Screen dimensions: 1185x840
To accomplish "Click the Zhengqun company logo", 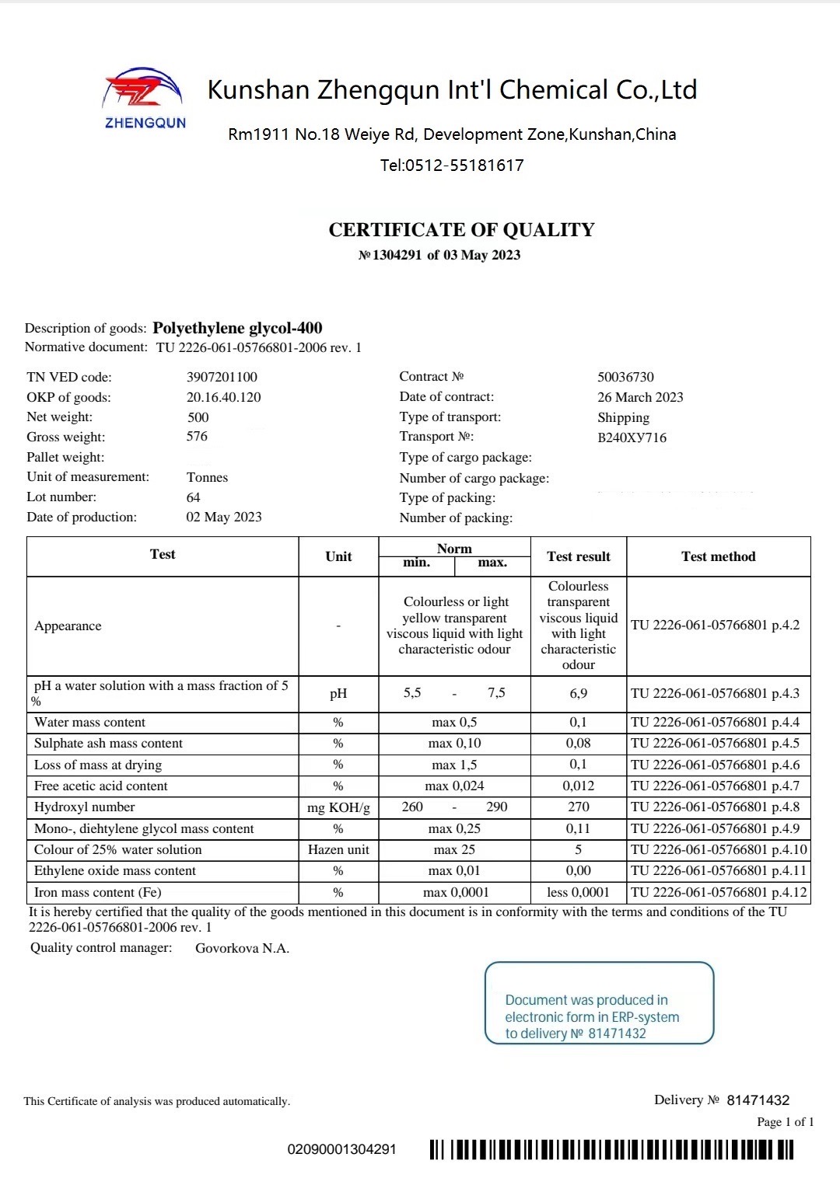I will click(x=145, y=97).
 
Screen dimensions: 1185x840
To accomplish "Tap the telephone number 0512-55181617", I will click(x=452, y=166).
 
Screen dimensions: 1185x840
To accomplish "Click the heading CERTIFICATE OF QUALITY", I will click(x=461, y=230).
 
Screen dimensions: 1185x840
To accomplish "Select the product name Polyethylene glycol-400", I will click(x=237, y=328).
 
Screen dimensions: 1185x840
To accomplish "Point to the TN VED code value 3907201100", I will click(x=222, y=377).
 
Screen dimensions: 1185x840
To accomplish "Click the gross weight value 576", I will click(x=197, y=437).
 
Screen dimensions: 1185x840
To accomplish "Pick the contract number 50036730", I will click(x=625, y=377).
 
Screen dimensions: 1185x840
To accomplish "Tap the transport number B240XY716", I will click(x=632, y=437).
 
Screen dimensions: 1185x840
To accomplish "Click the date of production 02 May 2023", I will click(x=224, y=518).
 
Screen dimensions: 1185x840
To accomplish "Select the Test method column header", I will click(x=718, y=556).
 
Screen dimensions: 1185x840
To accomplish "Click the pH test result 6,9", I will click(x=578, y=693).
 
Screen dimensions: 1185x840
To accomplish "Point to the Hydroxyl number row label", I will click(x=84, y=807).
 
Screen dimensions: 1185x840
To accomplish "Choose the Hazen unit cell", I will click(x=338, y=850).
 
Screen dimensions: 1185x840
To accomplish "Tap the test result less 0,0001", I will click(x=578, y=893).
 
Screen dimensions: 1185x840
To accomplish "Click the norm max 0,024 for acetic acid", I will click(x=454, y=786).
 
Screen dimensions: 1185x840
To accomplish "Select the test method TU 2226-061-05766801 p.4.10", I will click(x=719, y=850).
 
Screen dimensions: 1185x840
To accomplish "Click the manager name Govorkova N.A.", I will click(x=242, y=948).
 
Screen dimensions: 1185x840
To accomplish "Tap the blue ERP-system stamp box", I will click(x=599, y=1003).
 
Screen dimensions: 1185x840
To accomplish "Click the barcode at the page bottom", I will click(x=611, y=1149).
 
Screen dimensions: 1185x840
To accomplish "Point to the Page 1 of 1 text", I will click(x=785, y=1122).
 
